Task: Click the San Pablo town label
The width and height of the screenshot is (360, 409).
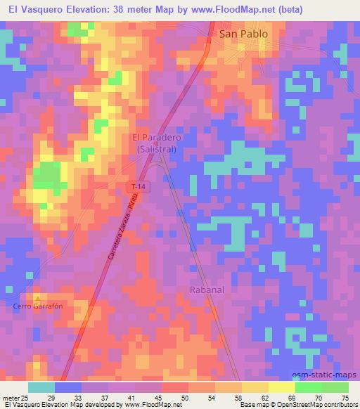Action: pyautogui.click(x=243, y=34)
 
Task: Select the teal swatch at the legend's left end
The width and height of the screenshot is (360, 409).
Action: pyautogui.click(x=42, y=387)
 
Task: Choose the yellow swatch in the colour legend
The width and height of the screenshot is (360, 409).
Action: pyautogui.click(x=283, y=387)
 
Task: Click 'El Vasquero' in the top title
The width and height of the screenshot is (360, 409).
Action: pyautogui.click(x=31, y=8)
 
